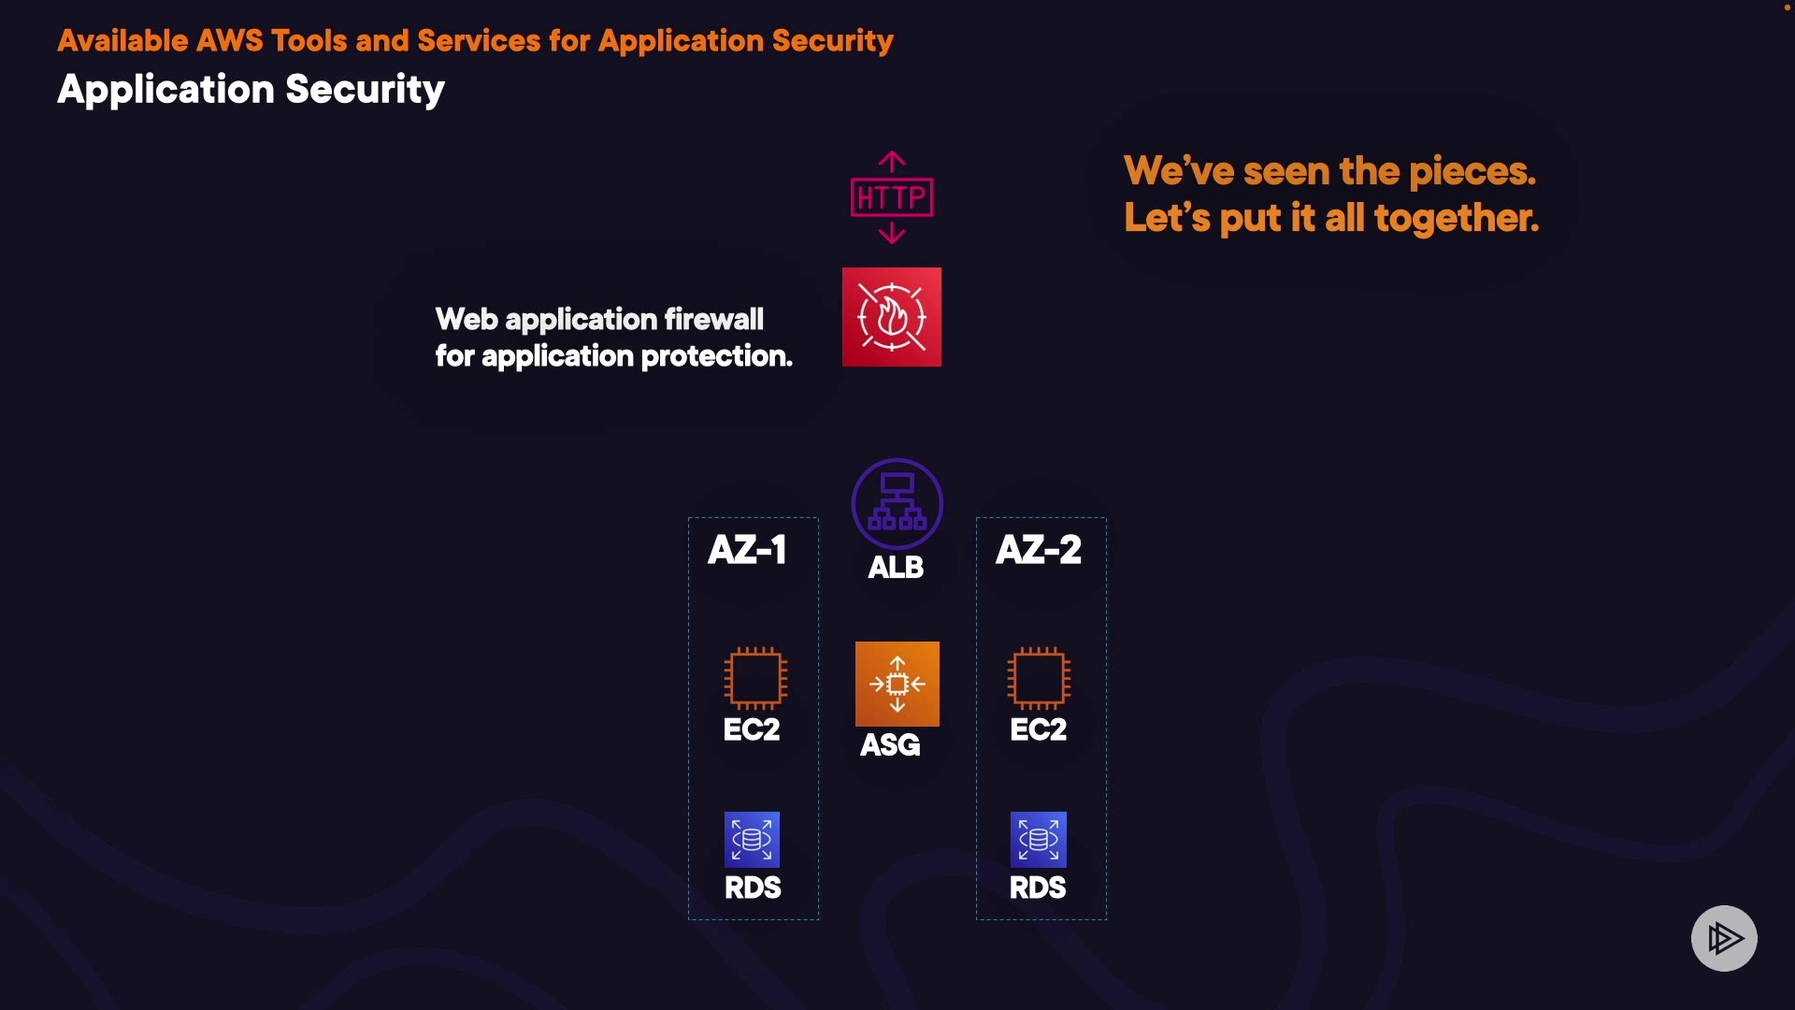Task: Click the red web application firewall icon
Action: (891, 317)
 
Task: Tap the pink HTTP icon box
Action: (891, 197)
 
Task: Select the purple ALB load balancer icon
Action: (897, 503)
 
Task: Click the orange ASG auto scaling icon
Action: (897, 684)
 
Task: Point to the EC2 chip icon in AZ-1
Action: (754, 678)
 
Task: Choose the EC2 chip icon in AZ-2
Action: (1038, 678)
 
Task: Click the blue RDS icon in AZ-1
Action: (752, 839)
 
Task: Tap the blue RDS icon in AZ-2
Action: (1038, 839)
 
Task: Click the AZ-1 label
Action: (747, 550)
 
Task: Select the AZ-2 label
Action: (1038, 550)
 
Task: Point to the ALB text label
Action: (896, 568)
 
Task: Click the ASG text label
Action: (890, 745)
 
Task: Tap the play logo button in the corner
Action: (1724, 938)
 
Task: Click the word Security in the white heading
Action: (365, 90)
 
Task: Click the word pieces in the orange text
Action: (1472, 172)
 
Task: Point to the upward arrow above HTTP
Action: (892, 162)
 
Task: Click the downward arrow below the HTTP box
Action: (892, 233)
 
